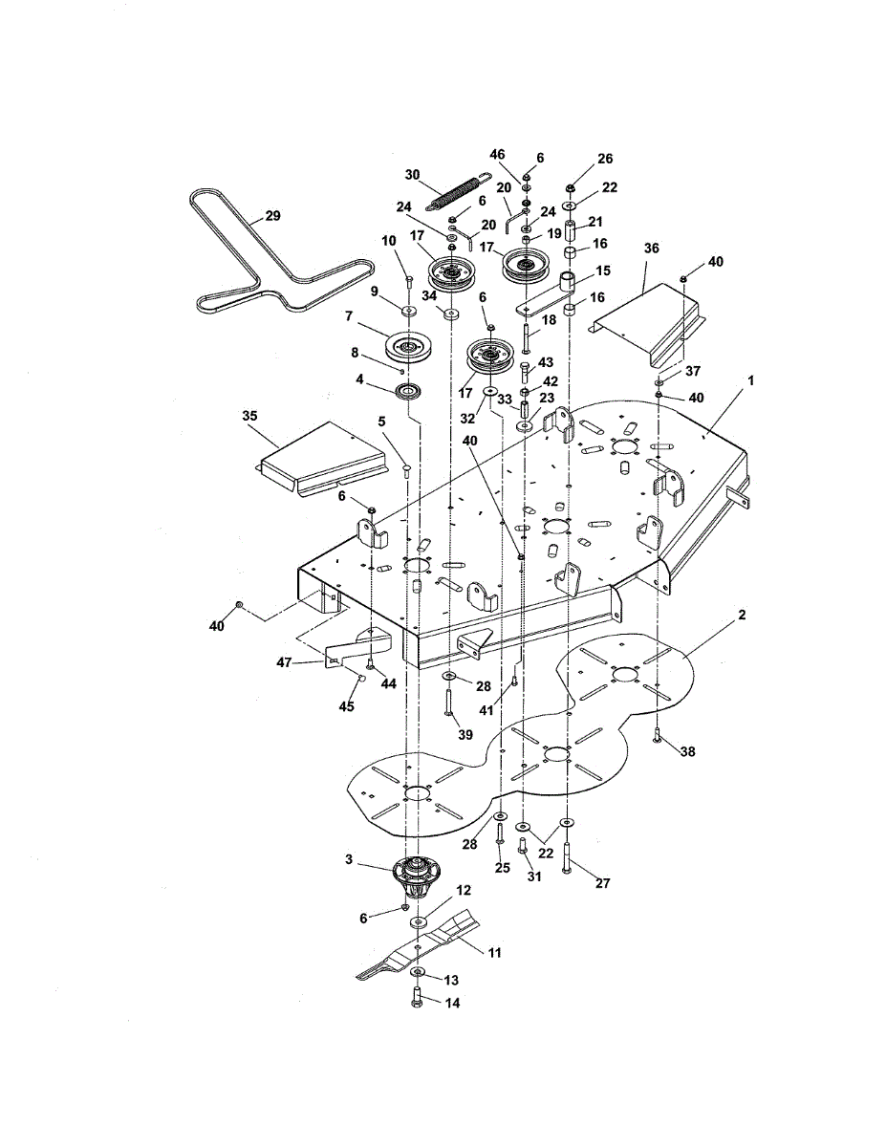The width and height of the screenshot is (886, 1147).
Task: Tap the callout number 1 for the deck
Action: (x=750, y=380)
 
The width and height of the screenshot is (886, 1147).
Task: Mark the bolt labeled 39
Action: (x=448, y=703)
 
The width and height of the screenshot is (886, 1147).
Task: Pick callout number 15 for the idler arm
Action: (x=603, y=271)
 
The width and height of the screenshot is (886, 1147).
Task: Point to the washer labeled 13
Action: (x=419, y=972)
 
